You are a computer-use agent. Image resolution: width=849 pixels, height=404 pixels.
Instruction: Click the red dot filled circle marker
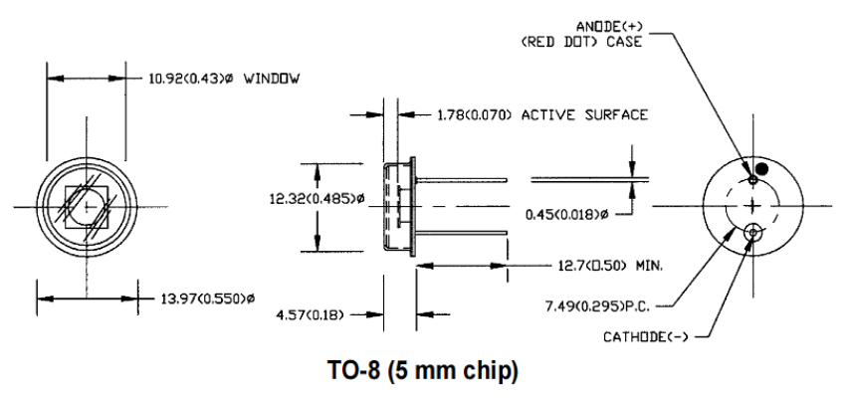[761, 168]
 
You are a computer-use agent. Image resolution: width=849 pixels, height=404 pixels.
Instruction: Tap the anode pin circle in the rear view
[752, 180]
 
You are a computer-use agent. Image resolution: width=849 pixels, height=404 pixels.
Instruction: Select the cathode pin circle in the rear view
[752, 233]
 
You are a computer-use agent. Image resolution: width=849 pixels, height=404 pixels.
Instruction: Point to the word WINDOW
[272, 79]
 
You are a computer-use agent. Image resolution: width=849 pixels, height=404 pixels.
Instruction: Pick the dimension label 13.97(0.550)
[204, 299]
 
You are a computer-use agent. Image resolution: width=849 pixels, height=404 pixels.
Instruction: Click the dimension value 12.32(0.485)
[313, 199]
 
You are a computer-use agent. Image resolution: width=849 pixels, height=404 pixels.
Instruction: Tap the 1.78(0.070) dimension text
[475, 114]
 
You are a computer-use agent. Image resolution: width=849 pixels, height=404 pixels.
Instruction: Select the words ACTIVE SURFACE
[584, 114]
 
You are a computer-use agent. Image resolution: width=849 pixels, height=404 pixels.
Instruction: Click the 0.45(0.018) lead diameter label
[562, 215]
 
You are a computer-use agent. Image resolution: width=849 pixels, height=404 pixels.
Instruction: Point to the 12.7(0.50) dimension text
[592, 266]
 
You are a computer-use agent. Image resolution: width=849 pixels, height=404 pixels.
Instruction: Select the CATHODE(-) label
[646, 337]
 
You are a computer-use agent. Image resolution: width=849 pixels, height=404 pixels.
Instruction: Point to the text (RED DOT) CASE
[581, 42]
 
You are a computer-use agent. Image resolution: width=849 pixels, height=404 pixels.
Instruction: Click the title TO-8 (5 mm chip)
[423, 371]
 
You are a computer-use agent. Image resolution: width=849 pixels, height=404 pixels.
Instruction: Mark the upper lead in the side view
[461, 180]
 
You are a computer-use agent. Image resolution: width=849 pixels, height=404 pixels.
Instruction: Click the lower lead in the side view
[461, 233]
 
